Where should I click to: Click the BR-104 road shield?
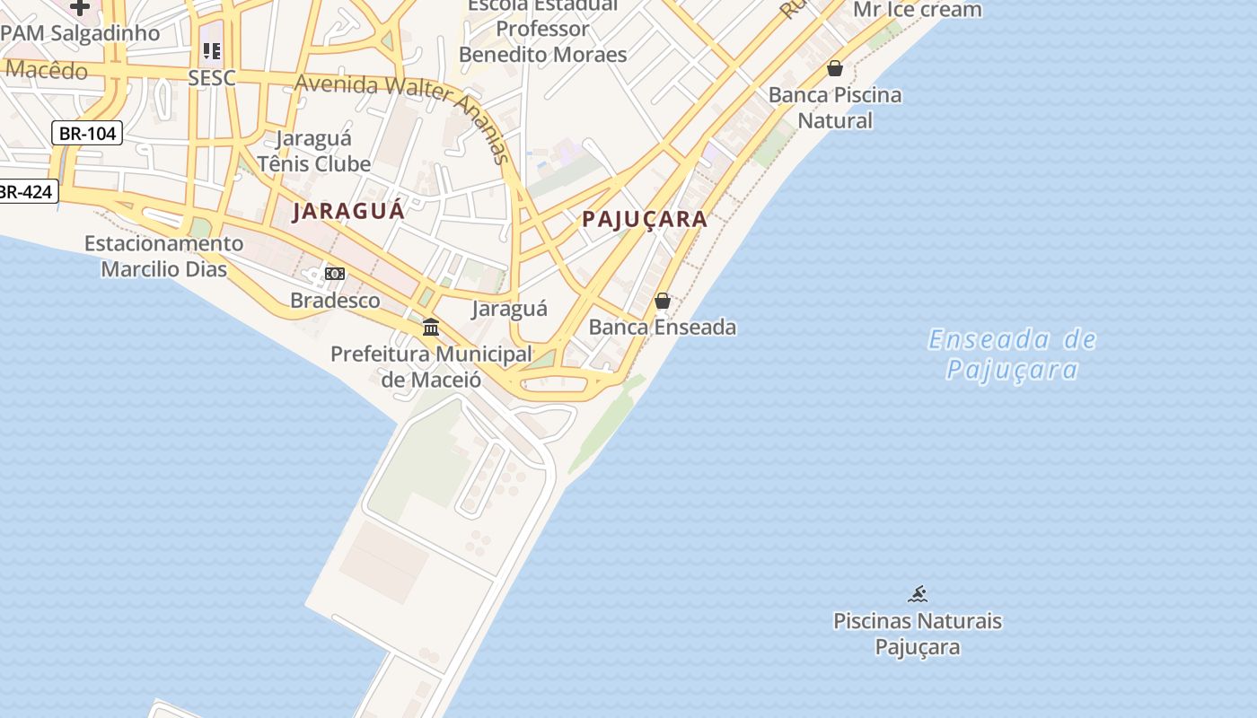[x=87, y=134]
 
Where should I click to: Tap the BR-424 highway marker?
[x=26, y=191]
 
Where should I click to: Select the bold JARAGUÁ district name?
[x=348, y=212]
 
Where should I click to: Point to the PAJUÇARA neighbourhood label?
[x=645, y=219]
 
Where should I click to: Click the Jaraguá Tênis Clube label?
[x=313, y=151]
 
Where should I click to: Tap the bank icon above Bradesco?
[x=335, y=274]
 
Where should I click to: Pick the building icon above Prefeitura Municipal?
[x=431, y=328]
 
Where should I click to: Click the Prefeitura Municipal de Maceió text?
[x=431, y=366]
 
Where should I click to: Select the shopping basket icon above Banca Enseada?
[x=663, y=301]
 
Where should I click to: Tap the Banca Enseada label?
[x=663, y=327]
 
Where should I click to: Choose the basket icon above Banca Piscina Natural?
[x=835, y=68]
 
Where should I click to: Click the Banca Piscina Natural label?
[x=835, y=108]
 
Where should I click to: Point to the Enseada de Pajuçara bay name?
[x=1013, y=355]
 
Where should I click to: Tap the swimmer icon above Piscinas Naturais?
[x=917, y=594]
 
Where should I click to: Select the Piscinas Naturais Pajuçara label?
[x=918, y=634]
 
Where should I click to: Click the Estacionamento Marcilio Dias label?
[x=163, y=256]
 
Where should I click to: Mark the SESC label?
[x=212, y=78]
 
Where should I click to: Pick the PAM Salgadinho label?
[x=81, y=33]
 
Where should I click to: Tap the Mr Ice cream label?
[x=917, y=10]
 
